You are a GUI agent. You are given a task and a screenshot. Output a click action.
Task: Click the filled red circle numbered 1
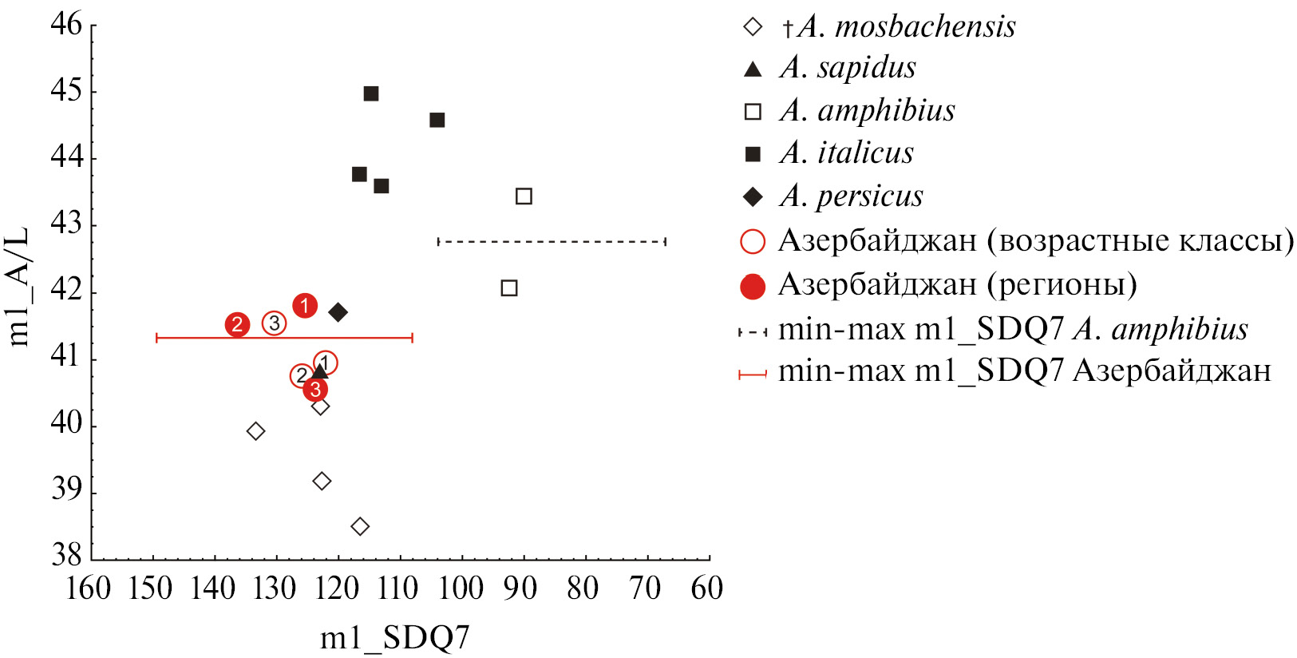click(x=304, y=305)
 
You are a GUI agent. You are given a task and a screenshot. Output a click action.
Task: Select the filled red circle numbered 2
click(x=237, y=324)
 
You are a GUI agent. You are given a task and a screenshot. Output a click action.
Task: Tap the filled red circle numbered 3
click(x=315, y=389)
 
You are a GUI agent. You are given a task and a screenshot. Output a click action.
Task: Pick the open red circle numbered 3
click(x=274, y=323)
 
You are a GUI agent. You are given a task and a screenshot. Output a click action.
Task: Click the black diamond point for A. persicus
click(x=338, y=311)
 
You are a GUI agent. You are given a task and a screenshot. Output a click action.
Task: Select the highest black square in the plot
click(x=371, y=93)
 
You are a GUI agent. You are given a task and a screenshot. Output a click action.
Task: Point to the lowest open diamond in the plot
click(x=360, y=526)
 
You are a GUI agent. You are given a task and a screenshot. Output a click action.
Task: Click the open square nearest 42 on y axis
click(x=509, y=287)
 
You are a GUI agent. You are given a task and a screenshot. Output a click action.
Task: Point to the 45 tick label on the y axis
click(x=66, y=91)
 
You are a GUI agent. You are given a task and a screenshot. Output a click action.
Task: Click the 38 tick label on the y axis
click(x=66, y=554)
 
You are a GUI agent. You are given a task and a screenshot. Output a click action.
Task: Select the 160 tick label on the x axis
click(x=88, y=589)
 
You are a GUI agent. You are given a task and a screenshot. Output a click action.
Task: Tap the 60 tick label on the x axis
click(x=707, y=589)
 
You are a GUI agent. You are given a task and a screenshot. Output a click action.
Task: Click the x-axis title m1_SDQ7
click(x=394, y=638)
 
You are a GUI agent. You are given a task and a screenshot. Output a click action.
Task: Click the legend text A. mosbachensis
click(x=907, y=27)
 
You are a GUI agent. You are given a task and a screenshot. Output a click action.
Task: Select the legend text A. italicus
click(x=847, y=153)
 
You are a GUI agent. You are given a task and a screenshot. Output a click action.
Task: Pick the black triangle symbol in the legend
click(x=753, y=69)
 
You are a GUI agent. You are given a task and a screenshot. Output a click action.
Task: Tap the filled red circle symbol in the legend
click(x=753, y=286)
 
